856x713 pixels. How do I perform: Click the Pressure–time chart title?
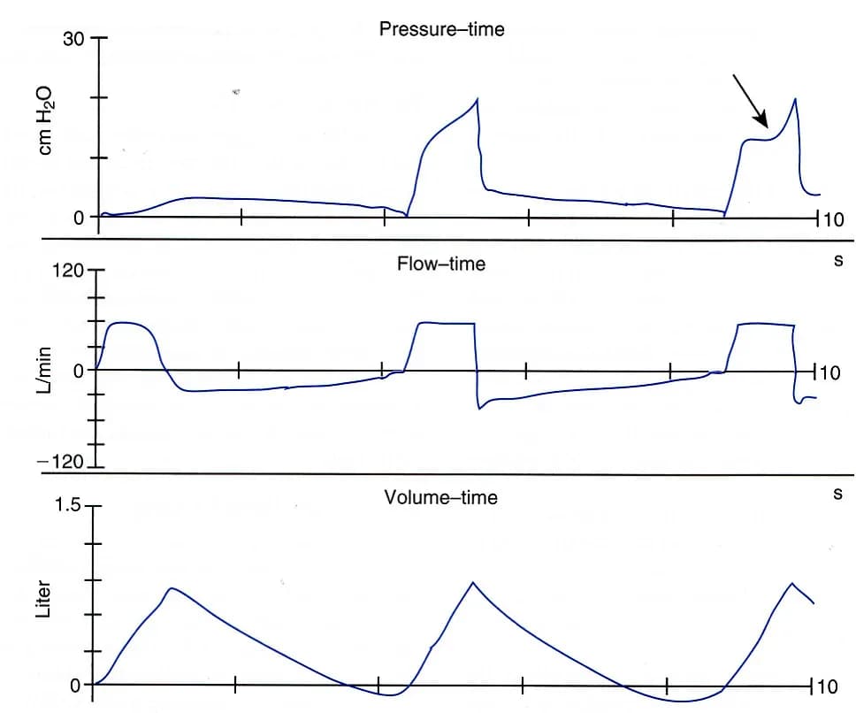click(x=441, y=29)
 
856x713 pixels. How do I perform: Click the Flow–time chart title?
click(x=441, y=264)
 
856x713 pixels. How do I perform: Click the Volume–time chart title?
click(x=440, y=497)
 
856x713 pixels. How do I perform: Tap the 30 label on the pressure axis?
click(x=73, y=39)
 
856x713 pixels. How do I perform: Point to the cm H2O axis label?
click(x=46, y=120)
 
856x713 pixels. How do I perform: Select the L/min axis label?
click(x=45, y=370)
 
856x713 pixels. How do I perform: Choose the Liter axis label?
click(x=43, y=599)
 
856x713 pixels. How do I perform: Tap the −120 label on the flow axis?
click(x=61, y=462)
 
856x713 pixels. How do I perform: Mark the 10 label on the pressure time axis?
click(x=833, y=219)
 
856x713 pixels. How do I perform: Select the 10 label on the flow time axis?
click(x=829, y=373)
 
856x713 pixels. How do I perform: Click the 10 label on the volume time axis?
click(x=827, y=686)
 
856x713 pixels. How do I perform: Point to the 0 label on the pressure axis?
click(x=80, y=218)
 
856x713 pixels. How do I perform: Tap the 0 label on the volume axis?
click(x=75, y=686)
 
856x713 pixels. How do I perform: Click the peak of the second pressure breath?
click(x=478, y=99)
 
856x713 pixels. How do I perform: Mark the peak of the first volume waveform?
click(x=172, y=588)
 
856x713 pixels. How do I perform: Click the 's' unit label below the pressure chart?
click(x=838, y=260)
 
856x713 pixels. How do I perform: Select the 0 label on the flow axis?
click(x=79, y=372)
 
